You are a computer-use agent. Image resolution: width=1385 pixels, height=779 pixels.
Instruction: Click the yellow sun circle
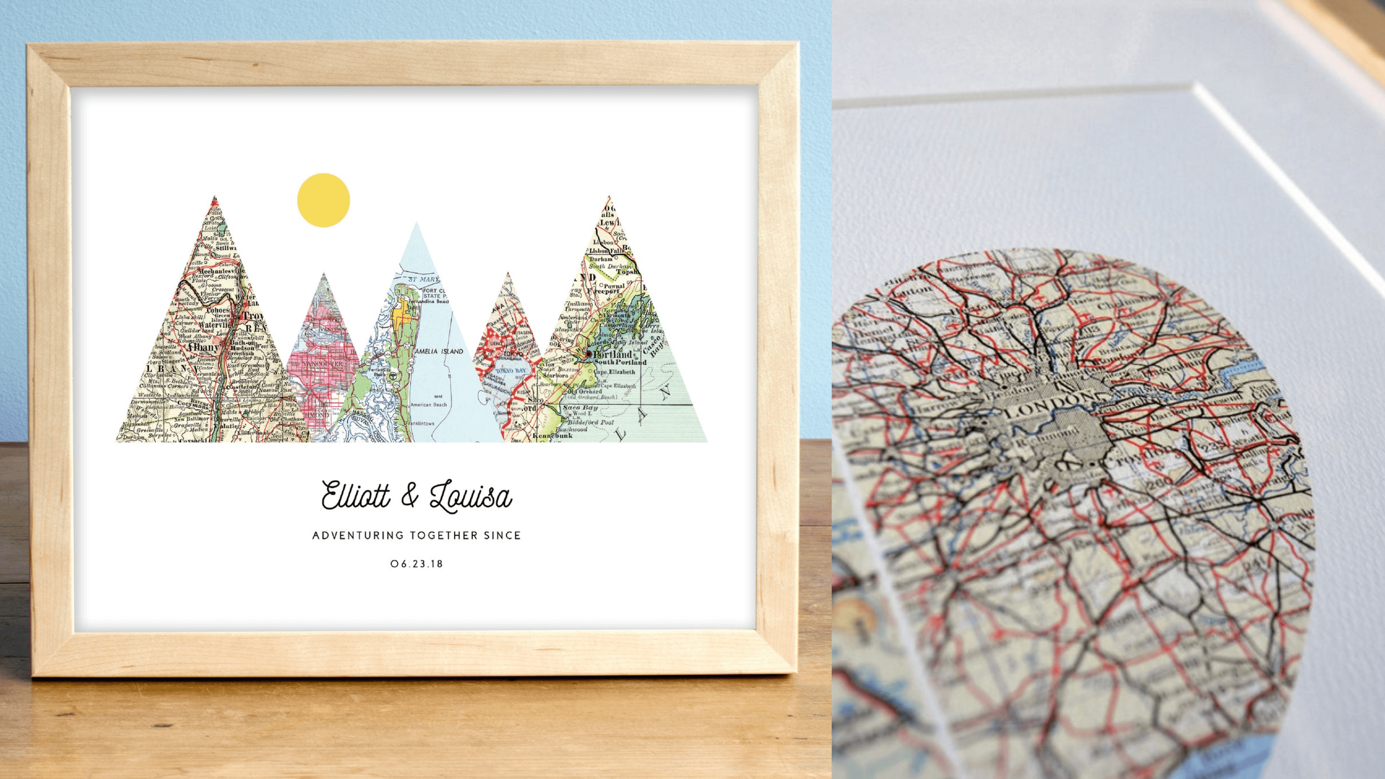[323, 200]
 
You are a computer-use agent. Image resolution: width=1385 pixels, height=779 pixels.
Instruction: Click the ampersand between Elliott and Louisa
[410, 496]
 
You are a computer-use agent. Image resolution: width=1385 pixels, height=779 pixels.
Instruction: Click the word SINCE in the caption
[502, 536]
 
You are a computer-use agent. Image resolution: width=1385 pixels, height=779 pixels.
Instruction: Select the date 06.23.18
[417, 564]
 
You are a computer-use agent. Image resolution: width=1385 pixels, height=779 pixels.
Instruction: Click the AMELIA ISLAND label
[438, 351]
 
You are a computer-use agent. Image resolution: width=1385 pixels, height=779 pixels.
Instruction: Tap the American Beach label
[428, 404]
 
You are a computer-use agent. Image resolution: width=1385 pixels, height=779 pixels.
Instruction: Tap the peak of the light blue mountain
[416, 224]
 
